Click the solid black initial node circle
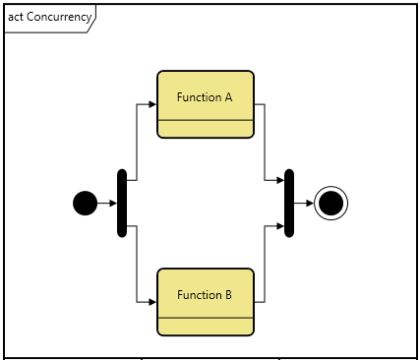coord(86,204)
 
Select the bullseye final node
coord(331,204)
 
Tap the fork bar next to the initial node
coord(122,204)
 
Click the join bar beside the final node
coord(289,204)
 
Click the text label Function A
coord(205,97)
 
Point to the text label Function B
coord(205,295)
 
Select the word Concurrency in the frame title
coord(60,17)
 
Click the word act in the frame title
coord(16,17)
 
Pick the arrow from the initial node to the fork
coord(106,204)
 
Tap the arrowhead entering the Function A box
coord(152,104)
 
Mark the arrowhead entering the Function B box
coord(152,302)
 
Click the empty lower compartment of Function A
coord(206,129)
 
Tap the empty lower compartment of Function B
coord(206,327)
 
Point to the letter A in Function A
coord(228,97)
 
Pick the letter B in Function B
coord(228,295)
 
